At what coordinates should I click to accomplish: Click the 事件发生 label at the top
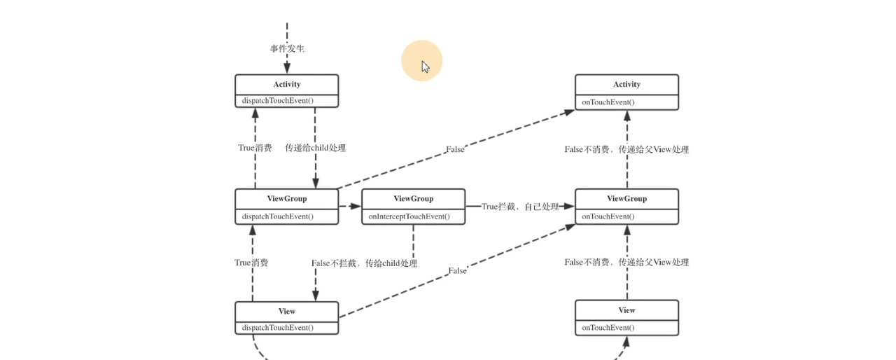287,49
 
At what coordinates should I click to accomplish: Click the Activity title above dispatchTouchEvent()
287,84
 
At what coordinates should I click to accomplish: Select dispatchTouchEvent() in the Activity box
278,101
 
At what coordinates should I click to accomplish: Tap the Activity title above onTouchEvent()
626,84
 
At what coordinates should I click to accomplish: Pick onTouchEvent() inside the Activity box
608,102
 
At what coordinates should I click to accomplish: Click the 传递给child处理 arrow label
315,148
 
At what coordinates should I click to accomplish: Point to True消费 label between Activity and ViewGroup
255,148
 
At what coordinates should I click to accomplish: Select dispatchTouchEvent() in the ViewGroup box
278,216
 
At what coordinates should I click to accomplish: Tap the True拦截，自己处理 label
520,207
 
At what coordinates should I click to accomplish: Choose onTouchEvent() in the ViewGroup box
608,216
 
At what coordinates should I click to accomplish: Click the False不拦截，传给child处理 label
364,263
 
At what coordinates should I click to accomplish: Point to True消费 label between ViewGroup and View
251,263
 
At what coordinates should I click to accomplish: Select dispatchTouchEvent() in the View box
278,328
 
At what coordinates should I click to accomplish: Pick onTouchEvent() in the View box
608,328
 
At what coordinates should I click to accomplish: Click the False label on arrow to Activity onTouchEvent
455,149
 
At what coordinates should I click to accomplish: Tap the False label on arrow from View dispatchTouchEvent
457,270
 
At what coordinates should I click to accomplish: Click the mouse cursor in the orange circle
425,67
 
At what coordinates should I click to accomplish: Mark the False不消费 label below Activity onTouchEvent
626,149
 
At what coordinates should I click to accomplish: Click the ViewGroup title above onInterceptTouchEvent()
413,198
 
